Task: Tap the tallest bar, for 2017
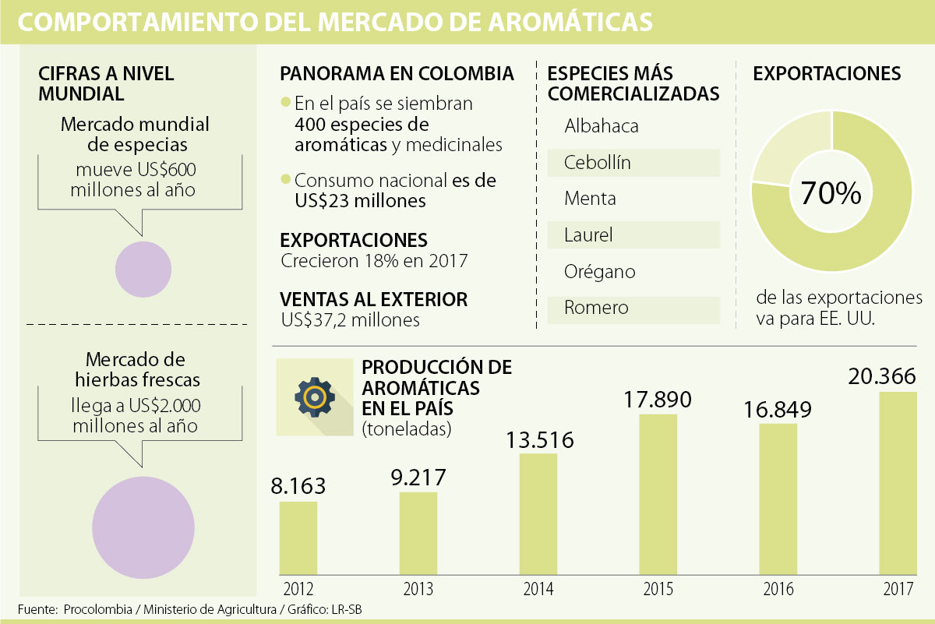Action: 898,483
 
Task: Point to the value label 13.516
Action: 538,439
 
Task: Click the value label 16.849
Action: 778,409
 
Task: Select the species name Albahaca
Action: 602,126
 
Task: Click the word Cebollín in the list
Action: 598,163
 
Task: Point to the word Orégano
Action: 600,272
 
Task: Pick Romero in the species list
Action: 596,308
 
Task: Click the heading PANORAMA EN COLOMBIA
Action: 397,74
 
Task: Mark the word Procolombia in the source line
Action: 97,608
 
